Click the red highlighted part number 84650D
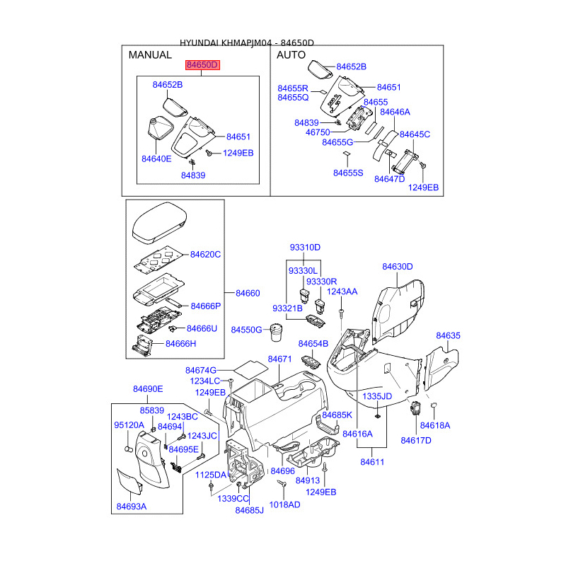203,65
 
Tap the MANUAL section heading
149,54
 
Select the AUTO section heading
291,54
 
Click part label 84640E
156,158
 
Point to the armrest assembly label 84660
248,293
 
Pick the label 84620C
205,254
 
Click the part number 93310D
305,247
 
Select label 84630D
397,267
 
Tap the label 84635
448,335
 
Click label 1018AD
284,504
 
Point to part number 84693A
131,506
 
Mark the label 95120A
129,425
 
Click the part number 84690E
148,388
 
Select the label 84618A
434,425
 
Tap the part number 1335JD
377,396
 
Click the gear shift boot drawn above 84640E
156,132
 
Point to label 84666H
180,343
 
